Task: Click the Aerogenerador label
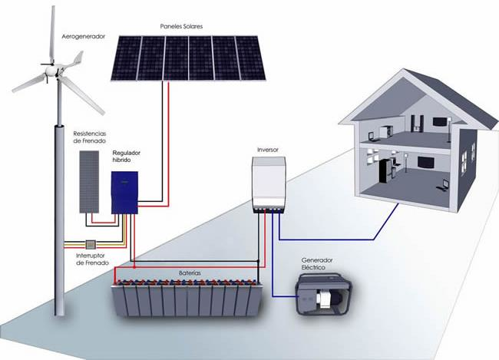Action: pos(83,37)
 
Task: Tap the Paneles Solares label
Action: pos(181,26)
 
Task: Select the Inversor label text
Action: pos(268,150)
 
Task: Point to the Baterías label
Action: pos(190,273)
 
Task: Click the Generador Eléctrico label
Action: pos(317,264)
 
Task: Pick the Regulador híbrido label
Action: pos(127,157)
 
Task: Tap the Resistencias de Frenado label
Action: pos(89,137)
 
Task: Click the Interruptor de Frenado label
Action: pos(93,259)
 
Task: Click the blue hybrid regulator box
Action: pos(124,193)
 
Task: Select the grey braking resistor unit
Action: pos(89,182)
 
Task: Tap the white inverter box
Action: pos(269,185)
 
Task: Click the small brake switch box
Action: pos(91,244)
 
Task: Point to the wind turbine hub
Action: pos(51,70)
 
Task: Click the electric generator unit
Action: pos(324,295)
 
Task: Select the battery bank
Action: pos(187,298)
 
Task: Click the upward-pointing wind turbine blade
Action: pos(52,35)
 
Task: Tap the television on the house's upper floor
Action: pos(440,121)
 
